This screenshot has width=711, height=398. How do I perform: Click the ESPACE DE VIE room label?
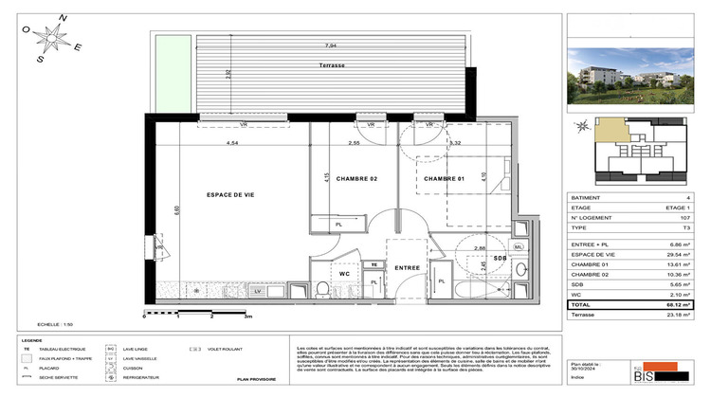(x=230, y=194)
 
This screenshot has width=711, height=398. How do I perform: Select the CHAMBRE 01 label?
(x=447, y=179)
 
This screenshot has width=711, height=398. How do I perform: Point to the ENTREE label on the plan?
(x=408, y=268)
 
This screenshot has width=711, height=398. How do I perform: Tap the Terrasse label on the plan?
(x=331, y=64)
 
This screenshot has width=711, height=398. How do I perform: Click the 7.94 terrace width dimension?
(x=330, y=45)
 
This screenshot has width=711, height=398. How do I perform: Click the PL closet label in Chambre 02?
(x=338, y=225)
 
